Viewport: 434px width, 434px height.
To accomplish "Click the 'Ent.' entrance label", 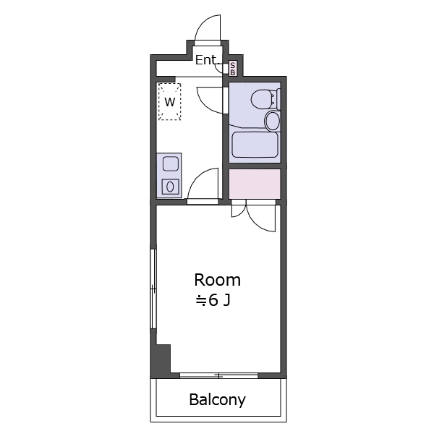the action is pyautogui.click(x=205, y=60).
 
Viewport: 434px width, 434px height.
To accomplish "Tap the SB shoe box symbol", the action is pyautogui.click(x=232, y=69).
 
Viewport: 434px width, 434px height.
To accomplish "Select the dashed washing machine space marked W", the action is pyautogui.click(x=170, y=101).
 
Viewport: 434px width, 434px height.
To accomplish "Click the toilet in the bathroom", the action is pyautogui.click(x=265, y=99).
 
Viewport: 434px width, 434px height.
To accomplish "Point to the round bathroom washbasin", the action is pyautogui.click(x=273, y=121).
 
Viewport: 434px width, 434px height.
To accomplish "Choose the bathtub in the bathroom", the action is pyautogui.click(x=255, y=145).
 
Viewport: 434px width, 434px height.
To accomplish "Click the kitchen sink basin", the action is pyautogui.click(x=171, y=163).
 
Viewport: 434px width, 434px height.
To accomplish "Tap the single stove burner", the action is pyautogui.click(x=170, y=187).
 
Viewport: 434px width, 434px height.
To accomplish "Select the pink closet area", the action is pyautogui.click(x=255, y=184).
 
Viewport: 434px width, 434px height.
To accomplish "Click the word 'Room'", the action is pyautogui.click(x=217, y=280).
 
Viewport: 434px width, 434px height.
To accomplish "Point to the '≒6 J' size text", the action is pyautogui.click(x=213, y=300).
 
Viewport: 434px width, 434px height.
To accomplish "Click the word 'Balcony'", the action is pyautogui.click(x=217, y=400).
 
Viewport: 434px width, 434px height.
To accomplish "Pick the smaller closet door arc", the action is pyautogui.click(x=242, y=213).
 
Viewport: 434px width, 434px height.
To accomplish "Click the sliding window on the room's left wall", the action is pyautogui.click(x=153, y=289).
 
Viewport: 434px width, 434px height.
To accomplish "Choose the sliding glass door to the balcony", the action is pyautogui.click(x=218, y=375).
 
